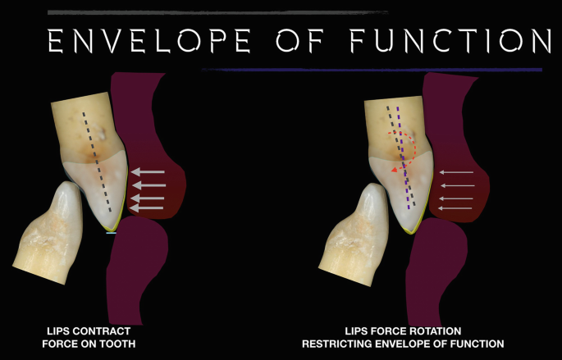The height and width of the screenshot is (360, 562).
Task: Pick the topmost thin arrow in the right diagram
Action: coord(457,172)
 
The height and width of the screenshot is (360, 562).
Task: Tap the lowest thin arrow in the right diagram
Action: coord(456,208)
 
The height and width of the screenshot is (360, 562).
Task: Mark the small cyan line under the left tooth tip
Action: coord(112,234)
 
